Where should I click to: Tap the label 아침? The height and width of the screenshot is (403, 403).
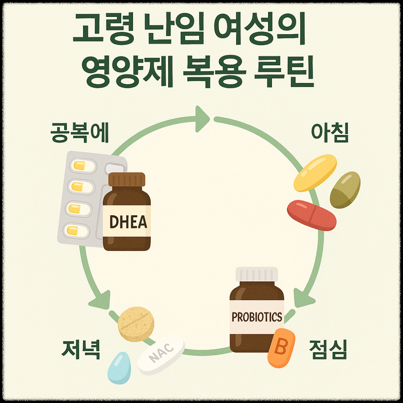pos(330,133)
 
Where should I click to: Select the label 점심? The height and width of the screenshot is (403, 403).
pos(327,349)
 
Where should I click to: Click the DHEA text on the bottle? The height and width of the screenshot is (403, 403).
pos(128,221)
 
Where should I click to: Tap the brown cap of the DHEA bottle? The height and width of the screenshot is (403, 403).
pos(127,180)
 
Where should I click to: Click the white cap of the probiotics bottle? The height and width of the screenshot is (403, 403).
pos(257,274)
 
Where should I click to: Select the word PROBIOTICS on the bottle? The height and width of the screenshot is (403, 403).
pos(257,317)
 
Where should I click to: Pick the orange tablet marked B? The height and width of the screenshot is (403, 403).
pos(281,348)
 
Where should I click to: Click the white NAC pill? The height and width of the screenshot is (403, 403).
pos(161,355)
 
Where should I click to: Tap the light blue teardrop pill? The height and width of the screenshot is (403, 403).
pos(119,368)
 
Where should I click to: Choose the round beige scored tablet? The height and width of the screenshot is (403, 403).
pos(136,324)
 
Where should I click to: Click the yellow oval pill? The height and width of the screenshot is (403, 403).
pos(315,172)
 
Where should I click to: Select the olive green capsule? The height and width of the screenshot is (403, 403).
pos(345,190)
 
